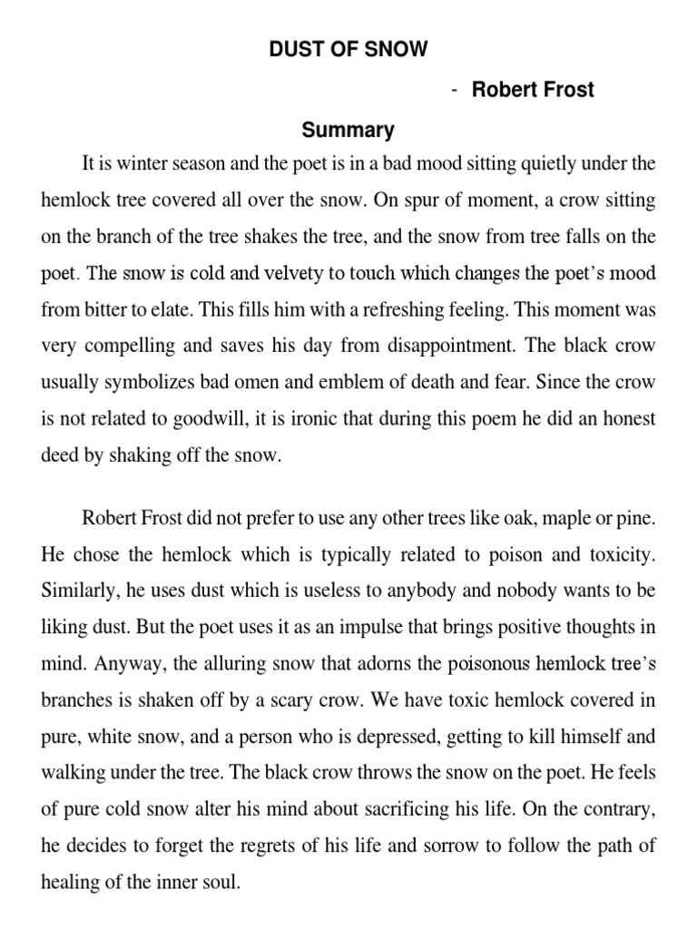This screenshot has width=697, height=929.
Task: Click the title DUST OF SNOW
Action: tap(348, 50)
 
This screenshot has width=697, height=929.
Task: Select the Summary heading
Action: tap(348, 131)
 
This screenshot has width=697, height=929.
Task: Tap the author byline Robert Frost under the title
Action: tap(533, 90)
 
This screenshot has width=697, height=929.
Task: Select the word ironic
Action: tap(309, 420)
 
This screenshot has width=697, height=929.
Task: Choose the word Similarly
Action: tap(78, 590)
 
